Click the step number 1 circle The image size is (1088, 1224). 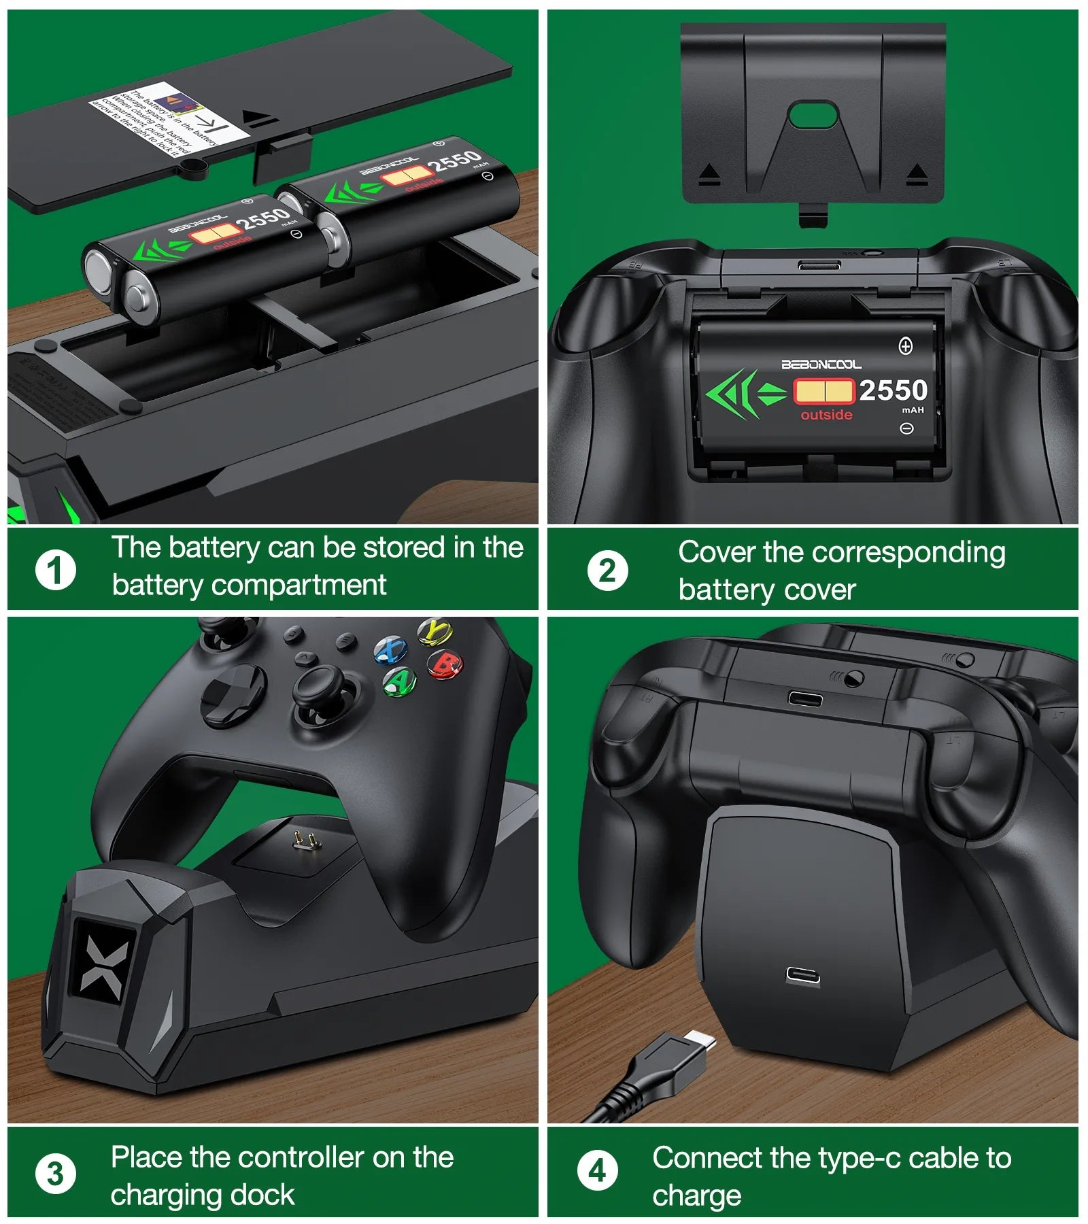click(x=56, y=570)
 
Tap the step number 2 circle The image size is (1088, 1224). click(x=607, y=570)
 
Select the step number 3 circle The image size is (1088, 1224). click(x=56, y=1173)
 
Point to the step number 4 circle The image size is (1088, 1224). click(x=597, y=1171)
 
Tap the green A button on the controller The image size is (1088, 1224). click(x=400, y=681)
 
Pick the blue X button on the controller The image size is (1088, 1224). click(x=391, y=649)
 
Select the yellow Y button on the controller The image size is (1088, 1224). click(x=435, y=631)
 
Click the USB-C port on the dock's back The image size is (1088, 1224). click(x=802, y=976)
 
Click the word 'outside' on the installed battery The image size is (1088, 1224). click(x=826, y=415)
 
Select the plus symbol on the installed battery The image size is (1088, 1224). click(x=906, y=346)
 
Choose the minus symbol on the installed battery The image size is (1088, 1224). click(x=906, y=428)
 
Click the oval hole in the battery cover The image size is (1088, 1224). click(x=813, y=114)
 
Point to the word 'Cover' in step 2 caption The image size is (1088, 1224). click(x=716, y=552)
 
